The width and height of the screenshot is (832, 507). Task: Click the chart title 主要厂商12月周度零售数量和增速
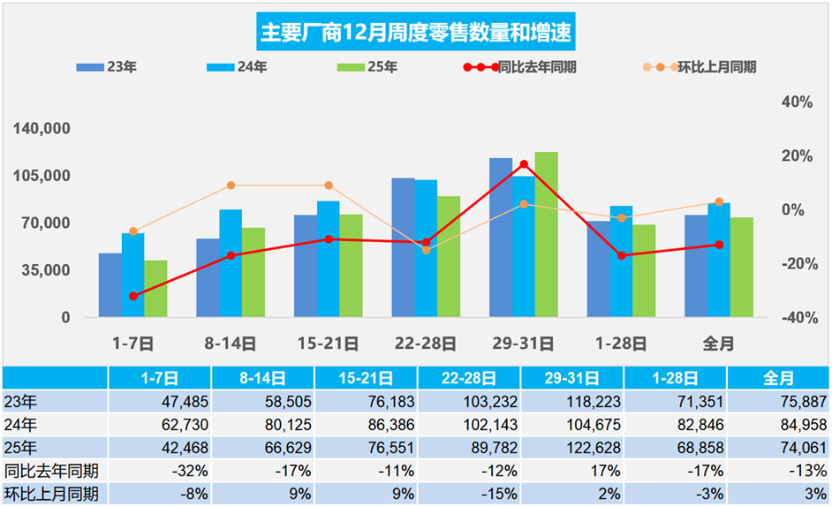point(416,33)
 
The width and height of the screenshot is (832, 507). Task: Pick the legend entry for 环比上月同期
point(699,67)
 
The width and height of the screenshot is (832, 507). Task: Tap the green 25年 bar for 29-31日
point(546,234)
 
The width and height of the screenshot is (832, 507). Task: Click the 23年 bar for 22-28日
point(403,247)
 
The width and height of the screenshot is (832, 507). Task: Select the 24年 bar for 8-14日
point(231,263)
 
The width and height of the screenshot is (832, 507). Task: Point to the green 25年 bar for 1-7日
point(156,288)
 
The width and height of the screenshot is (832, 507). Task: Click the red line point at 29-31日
point(524,164)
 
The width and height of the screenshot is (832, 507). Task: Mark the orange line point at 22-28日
point(427,250)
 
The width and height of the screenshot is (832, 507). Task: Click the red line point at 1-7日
point(133,296)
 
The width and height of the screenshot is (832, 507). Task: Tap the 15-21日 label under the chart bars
point(328,344)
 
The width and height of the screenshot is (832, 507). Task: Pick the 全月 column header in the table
point(777,378)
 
